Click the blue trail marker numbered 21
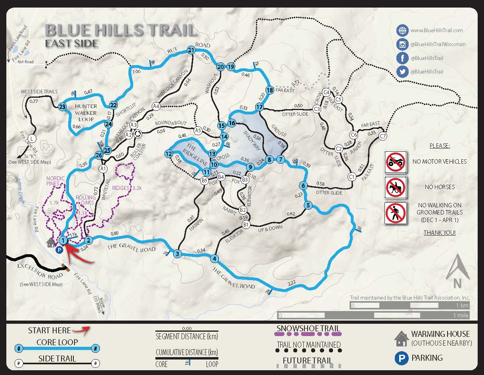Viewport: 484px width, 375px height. coord(191,50)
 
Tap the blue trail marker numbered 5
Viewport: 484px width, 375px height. coord(308,205)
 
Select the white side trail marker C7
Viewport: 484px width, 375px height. coord(383,137)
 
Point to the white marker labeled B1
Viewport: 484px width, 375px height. coord(246,225)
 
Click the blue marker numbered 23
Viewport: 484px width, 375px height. coord(62,107)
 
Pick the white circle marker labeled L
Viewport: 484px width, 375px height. coord(32,139)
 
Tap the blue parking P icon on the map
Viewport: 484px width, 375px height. coord(59,250)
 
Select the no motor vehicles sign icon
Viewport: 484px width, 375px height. coord(396,162)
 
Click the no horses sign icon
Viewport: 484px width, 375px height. coord(396,187)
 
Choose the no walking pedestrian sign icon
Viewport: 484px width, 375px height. coord(396,213)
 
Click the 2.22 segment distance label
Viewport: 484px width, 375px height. coord(292,283)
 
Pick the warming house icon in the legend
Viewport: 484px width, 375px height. coord(402,338)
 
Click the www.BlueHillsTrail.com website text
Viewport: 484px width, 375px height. coord(436,30)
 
